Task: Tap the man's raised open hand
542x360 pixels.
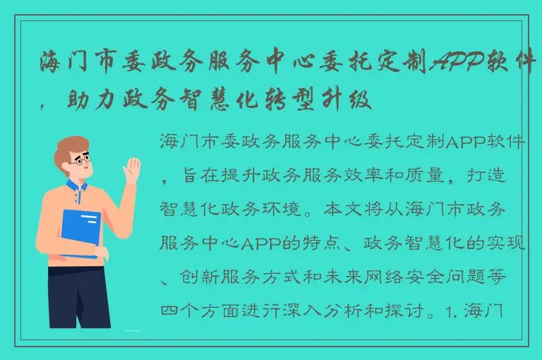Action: (x=132, y=173)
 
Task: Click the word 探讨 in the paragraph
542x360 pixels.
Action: (x=409, y=311)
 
